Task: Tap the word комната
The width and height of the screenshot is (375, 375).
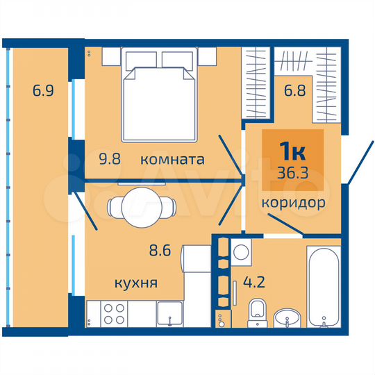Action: point(172,159)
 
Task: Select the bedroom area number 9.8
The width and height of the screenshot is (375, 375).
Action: point(108,159)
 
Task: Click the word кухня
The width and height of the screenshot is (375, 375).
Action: point(137,283)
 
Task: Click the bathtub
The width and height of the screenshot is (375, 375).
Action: point(324,285)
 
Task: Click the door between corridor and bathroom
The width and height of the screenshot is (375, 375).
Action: point(285,223)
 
